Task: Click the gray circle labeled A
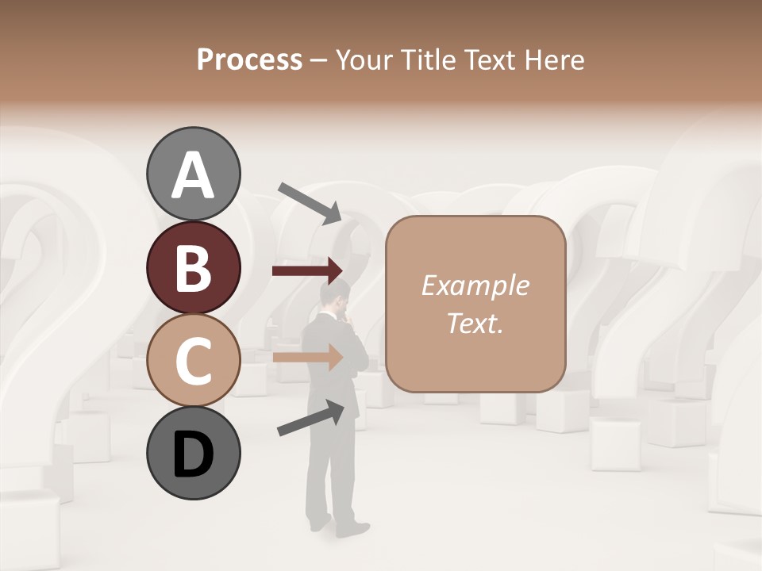[193, 174]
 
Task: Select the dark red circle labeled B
[193, 267]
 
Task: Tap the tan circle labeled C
[193, 361]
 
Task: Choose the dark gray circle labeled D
[193, 454]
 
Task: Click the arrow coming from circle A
[310, 202]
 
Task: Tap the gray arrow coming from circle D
[310, 418]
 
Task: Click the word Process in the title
[249, 59]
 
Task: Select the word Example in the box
[475, 285]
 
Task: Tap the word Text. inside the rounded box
[475, 323]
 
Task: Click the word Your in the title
[363, 59]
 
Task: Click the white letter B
[193, 267]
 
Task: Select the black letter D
[193, 455]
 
